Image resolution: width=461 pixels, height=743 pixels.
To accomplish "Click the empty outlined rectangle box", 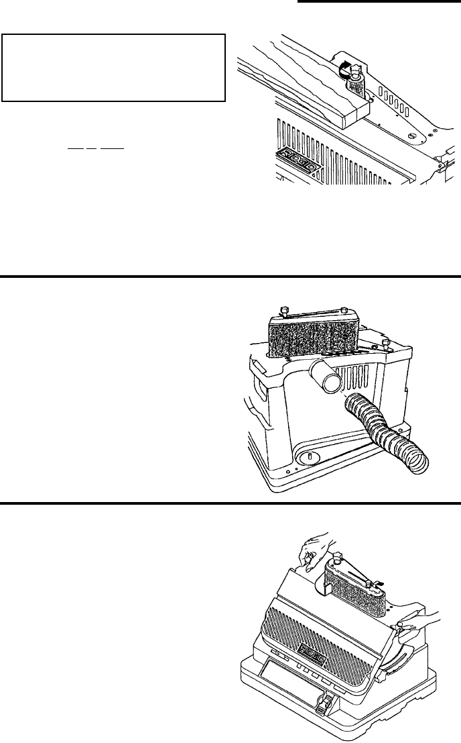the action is (x=113, y=67).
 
